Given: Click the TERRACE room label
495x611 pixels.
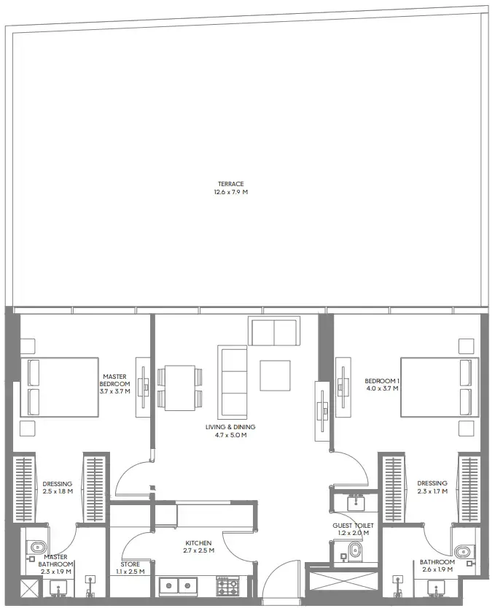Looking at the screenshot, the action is tap(231, 184).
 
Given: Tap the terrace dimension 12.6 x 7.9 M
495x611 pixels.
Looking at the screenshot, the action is tap(231, 192).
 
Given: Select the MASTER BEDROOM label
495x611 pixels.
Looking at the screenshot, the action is tap(114, 380).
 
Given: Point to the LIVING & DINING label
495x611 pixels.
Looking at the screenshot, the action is tap(230, 427).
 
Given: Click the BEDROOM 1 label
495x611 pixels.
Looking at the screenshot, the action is tap(382, 381).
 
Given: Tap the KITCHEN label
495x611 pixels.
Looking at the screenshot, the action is tap(198, 543).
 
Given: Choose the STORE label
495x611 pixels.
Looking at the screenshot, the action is tap(130, 564).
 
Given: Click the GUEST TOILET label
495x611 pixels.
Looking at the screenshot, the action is tap(353, 526).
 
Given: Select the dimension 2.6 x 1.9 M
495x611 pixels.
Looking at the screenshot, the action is tap(437, 569).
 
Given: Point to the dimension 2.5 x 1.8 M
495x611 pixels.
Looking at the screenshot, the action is tap(58, 491).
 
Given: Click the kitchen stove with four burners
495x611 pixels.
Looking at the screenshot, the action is tap(228, 586).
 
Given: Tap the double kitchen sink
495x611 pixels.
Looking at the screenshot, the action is tap(178, 585).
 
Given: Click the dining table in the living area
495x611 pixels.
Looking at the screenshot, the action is tap(180, 388).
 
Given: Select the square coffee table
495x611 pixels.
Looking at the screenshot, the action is tap(275, 376).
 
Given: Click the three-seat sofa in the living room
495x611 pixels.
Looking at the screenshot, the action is tap(233, 382).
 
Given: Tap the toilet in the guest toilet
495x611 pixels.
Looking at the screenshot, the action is tap(354, 551).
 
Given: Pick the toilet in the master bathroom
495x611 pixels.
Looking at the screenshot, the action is tap(37, 547).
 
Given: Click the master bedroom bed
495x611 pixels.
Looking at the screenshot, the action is tap(59, 388).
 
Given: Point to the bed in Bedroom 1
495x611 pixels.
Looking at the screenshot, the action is tap(440, 388).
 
